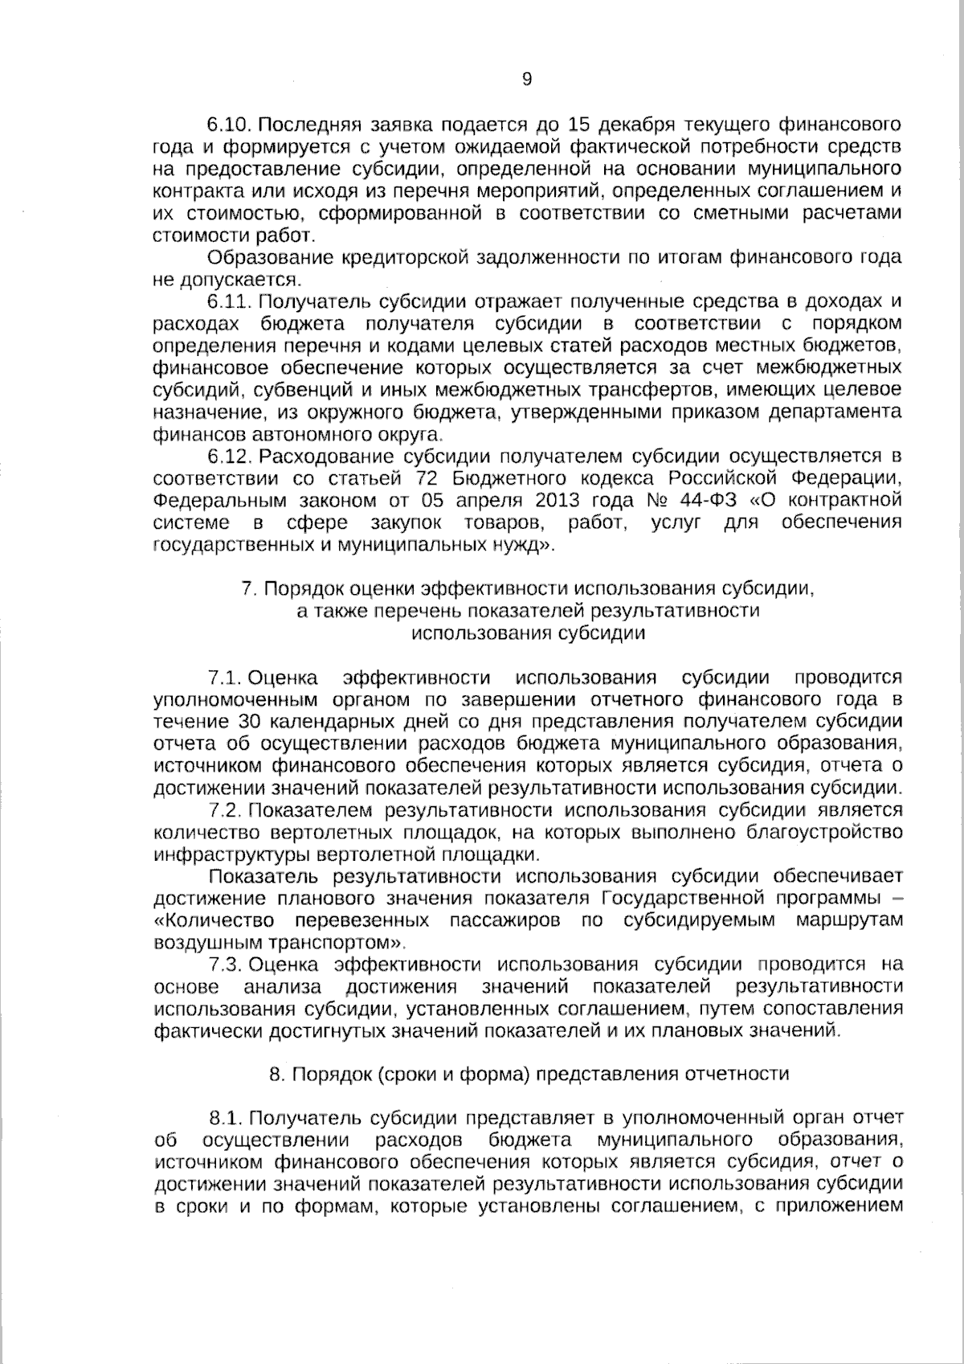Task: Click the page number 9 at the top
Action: pos(526,79)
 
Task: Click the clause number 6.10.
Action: pos(231,125)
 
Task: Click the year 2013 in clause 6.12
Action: pos(552,501)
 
